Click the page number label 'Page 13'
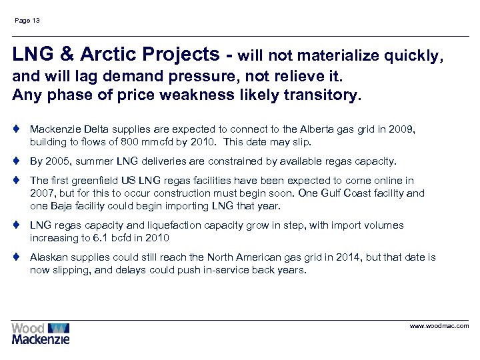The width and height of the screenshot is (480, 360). (27, 21)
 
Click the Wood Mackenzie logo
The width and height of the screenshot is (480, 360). (40, 333)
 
